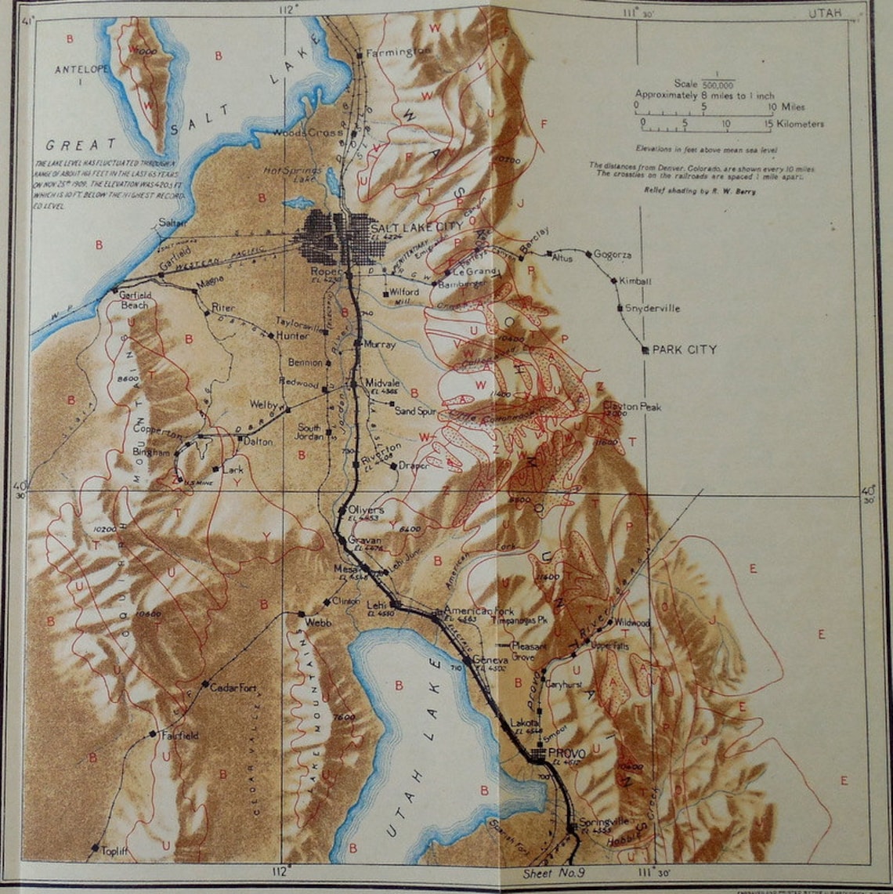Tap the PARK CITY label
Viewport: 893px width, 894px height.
pos(684,349)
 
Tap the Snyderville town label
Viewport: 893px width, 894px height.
pos(652,309)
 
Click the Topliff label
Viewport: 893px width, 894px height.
pos(114,849)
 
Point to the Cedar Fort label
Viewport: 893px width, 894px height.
pos(233,687)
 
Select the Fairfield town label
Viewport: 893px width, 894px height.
pos(179,736)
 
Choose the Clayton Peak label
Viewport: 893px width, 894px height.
pos(632,407)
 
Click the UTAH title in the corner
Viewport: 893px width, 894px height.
pos(826,13)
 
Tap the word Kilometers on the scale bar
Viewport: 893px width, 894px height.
pos(795,124)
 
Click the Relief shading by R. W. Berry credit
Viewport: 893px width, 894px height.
pos(700,190)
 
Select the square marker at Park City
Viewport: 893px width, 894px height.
pos(645,349)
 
